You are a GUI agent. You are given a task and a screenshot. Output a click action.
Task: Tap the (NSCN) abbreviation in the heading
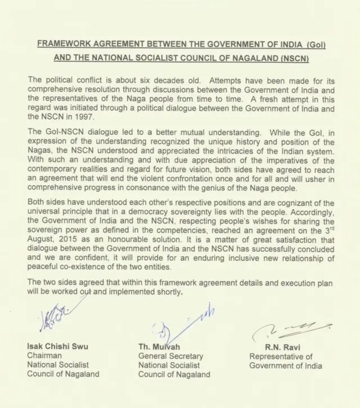pyautogui.click(x=291, y=58)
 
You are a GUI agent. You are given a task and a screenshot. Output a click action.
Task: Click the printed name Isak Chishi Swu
pyautogui.click(x=58, y=346)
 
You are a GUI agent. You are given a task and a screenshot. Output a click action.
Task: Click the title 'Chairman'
pyautogui.click(x=44, y=356)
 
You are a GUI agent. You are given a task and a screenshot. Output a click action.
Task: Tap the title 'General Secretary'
pyautogui.click(x=170, y=356)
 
